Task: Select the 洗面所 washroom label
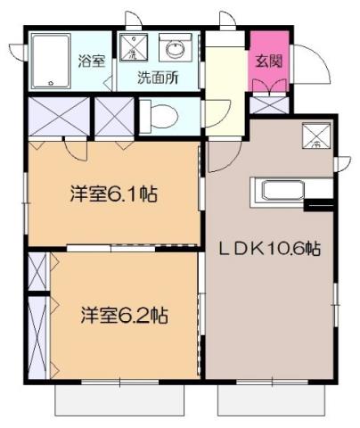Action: (x=157, y=77)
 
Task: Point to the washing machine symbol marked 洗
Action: (x=132, y=48)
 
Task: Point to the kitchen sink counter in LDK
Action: (x=278, y=192)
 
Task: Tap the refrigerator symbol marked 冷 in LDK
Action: (x=316, y=136)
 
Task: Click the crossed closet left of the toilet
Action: (x=113, y=116)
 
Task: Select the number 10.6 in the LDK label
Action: (x=287, y=251)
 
